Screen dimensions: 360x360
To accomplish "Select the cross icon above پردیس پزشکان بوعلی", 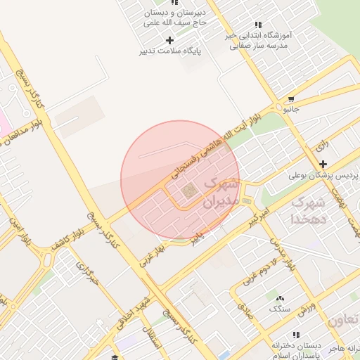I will coord(323,164).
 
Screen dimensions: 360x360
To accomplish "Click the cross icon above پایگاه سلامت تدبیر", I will coord(169,40).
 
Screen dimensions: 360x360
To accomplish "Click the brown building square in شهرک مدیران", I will coord(188,191).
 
